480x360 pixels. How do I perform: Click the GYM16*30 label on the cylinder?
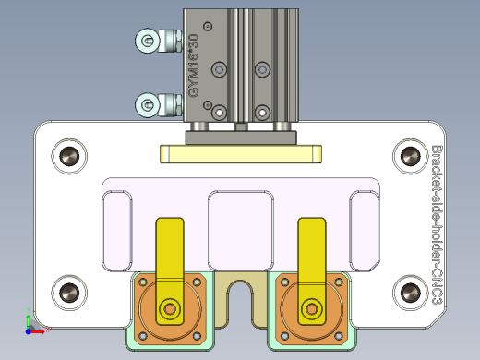click(x=193, y=66)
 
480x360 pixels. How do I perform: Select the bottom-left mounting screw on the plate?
click(x=69, y=293)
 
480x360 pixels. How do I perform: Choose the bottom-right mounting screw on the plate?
click(x=407, y=293)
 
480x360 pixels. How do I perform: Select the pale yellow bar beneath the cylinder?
click(x=239, y=153)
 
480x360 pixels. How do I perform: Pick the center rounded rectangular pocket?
click(x=241, y=224)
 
